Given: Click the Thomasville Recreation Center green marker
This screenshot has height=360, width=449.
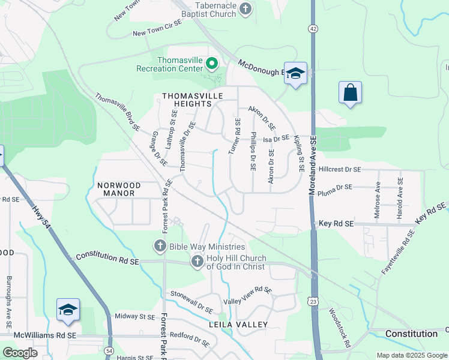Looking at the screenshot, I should [211, 62].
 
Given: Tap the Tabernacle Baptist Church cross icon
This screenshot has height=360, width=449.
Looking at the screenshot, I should [245, 8].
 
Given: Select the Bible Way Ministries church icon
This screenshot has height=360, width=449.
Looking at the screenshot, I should [160, 246].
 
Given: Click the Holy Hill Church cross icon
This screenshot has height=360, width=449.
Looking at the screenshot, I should [197, 261].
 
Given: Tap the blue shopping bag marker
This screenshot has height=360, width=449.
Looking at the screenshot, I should [350, 93].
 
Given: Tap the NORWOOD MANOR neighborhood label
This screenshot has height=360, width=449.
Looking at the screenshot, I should [119, 190].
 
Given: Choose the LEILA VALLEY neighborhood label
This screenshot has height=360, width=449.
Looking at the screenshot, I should [238, 325].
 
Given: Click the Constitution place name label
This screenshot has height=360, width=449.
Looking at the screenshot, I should [411, 334].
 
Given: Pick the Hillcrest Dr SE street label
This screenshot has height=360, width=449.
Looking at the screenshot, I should [340, 170].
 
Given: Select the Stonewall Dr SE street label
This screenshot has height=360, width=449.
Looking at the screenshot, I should [192, 302].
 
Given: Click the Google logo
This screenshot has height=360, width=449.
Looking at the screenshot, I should [20, 353].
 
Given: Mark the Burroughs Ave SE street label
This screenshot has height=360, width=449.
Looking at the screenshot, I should [10, 295].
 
